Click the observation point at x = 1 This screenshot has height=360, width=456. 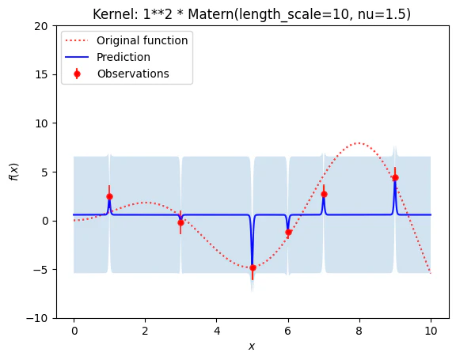click(109, 197)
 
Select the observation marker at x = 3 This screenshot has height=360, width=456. click(180, 223)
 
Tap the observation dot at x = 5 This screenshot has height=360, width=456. click(253, 267)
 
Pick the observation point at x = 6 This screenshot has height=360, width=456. click(288, 232)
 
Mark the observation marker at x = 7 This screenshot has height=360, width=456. click(324, 194)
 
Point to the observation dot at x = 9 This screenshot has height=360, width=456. click(395, 177)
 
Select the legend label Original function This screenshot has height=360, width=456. click(142, 40)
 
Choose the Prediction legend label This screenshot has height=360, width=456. click(123, 57)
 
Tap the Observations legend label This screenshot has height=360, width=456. click(133, 74)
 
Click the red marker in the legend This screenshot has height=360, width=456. click(77, 74)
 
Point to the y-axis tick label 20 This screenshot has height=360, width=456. click(40, 26)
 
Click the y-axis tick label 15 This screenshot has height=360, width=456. click(40, 74)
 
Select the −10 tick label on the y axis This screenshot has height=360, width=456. click(37, 318)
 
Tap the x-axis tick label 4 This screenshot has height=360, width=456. click(217, 331)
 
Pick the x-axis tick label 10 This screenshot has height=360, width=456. click(431, 331)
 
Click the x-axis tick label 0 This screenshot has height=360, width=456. click(74, 331)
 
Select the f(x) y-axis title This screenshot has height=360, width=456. click(14, 172)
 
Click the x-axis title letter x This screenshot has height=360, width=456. click(252, 347)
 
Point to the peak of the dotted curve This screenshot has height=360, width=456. click(359, 143)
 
